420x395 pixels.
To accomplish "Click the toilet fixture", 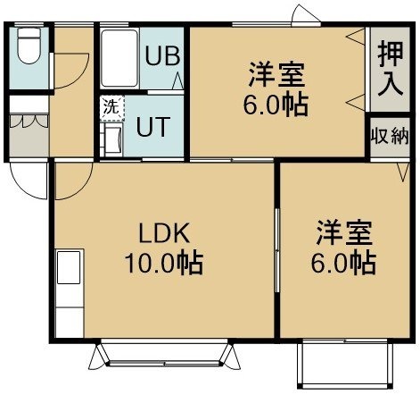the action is [29, 45].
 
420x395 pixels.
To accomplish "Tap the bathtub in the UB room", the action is [119, 58].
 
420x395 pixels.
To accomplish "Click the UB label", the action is [162, 55].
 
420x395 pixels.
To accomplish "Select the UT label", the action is [153, 127].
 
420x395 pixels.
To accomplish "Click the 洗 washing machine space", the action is [112, 108].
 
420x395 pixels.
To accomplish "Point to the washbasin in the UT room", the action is [113, 139].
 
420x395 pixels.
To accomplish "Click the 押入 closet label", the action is [391, 70].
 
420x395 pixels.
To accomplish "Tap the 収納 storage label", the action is [390, 137].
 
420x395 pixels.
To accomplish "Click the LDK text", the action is [164, 233].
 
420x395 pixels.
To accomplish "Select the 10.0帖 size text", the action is [164, 264].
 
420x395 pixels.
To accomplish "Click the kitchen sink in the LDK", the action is [69, 267].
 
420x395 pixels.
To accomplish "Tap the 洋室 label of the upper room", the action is [276, 74].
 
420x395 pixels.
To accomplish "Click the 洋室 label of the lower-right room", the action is [344, 232].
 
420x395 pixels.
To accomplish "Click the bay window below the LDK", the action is [165, 355].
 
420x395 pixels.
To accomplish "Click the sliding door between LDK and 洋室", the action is [277, 250].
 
